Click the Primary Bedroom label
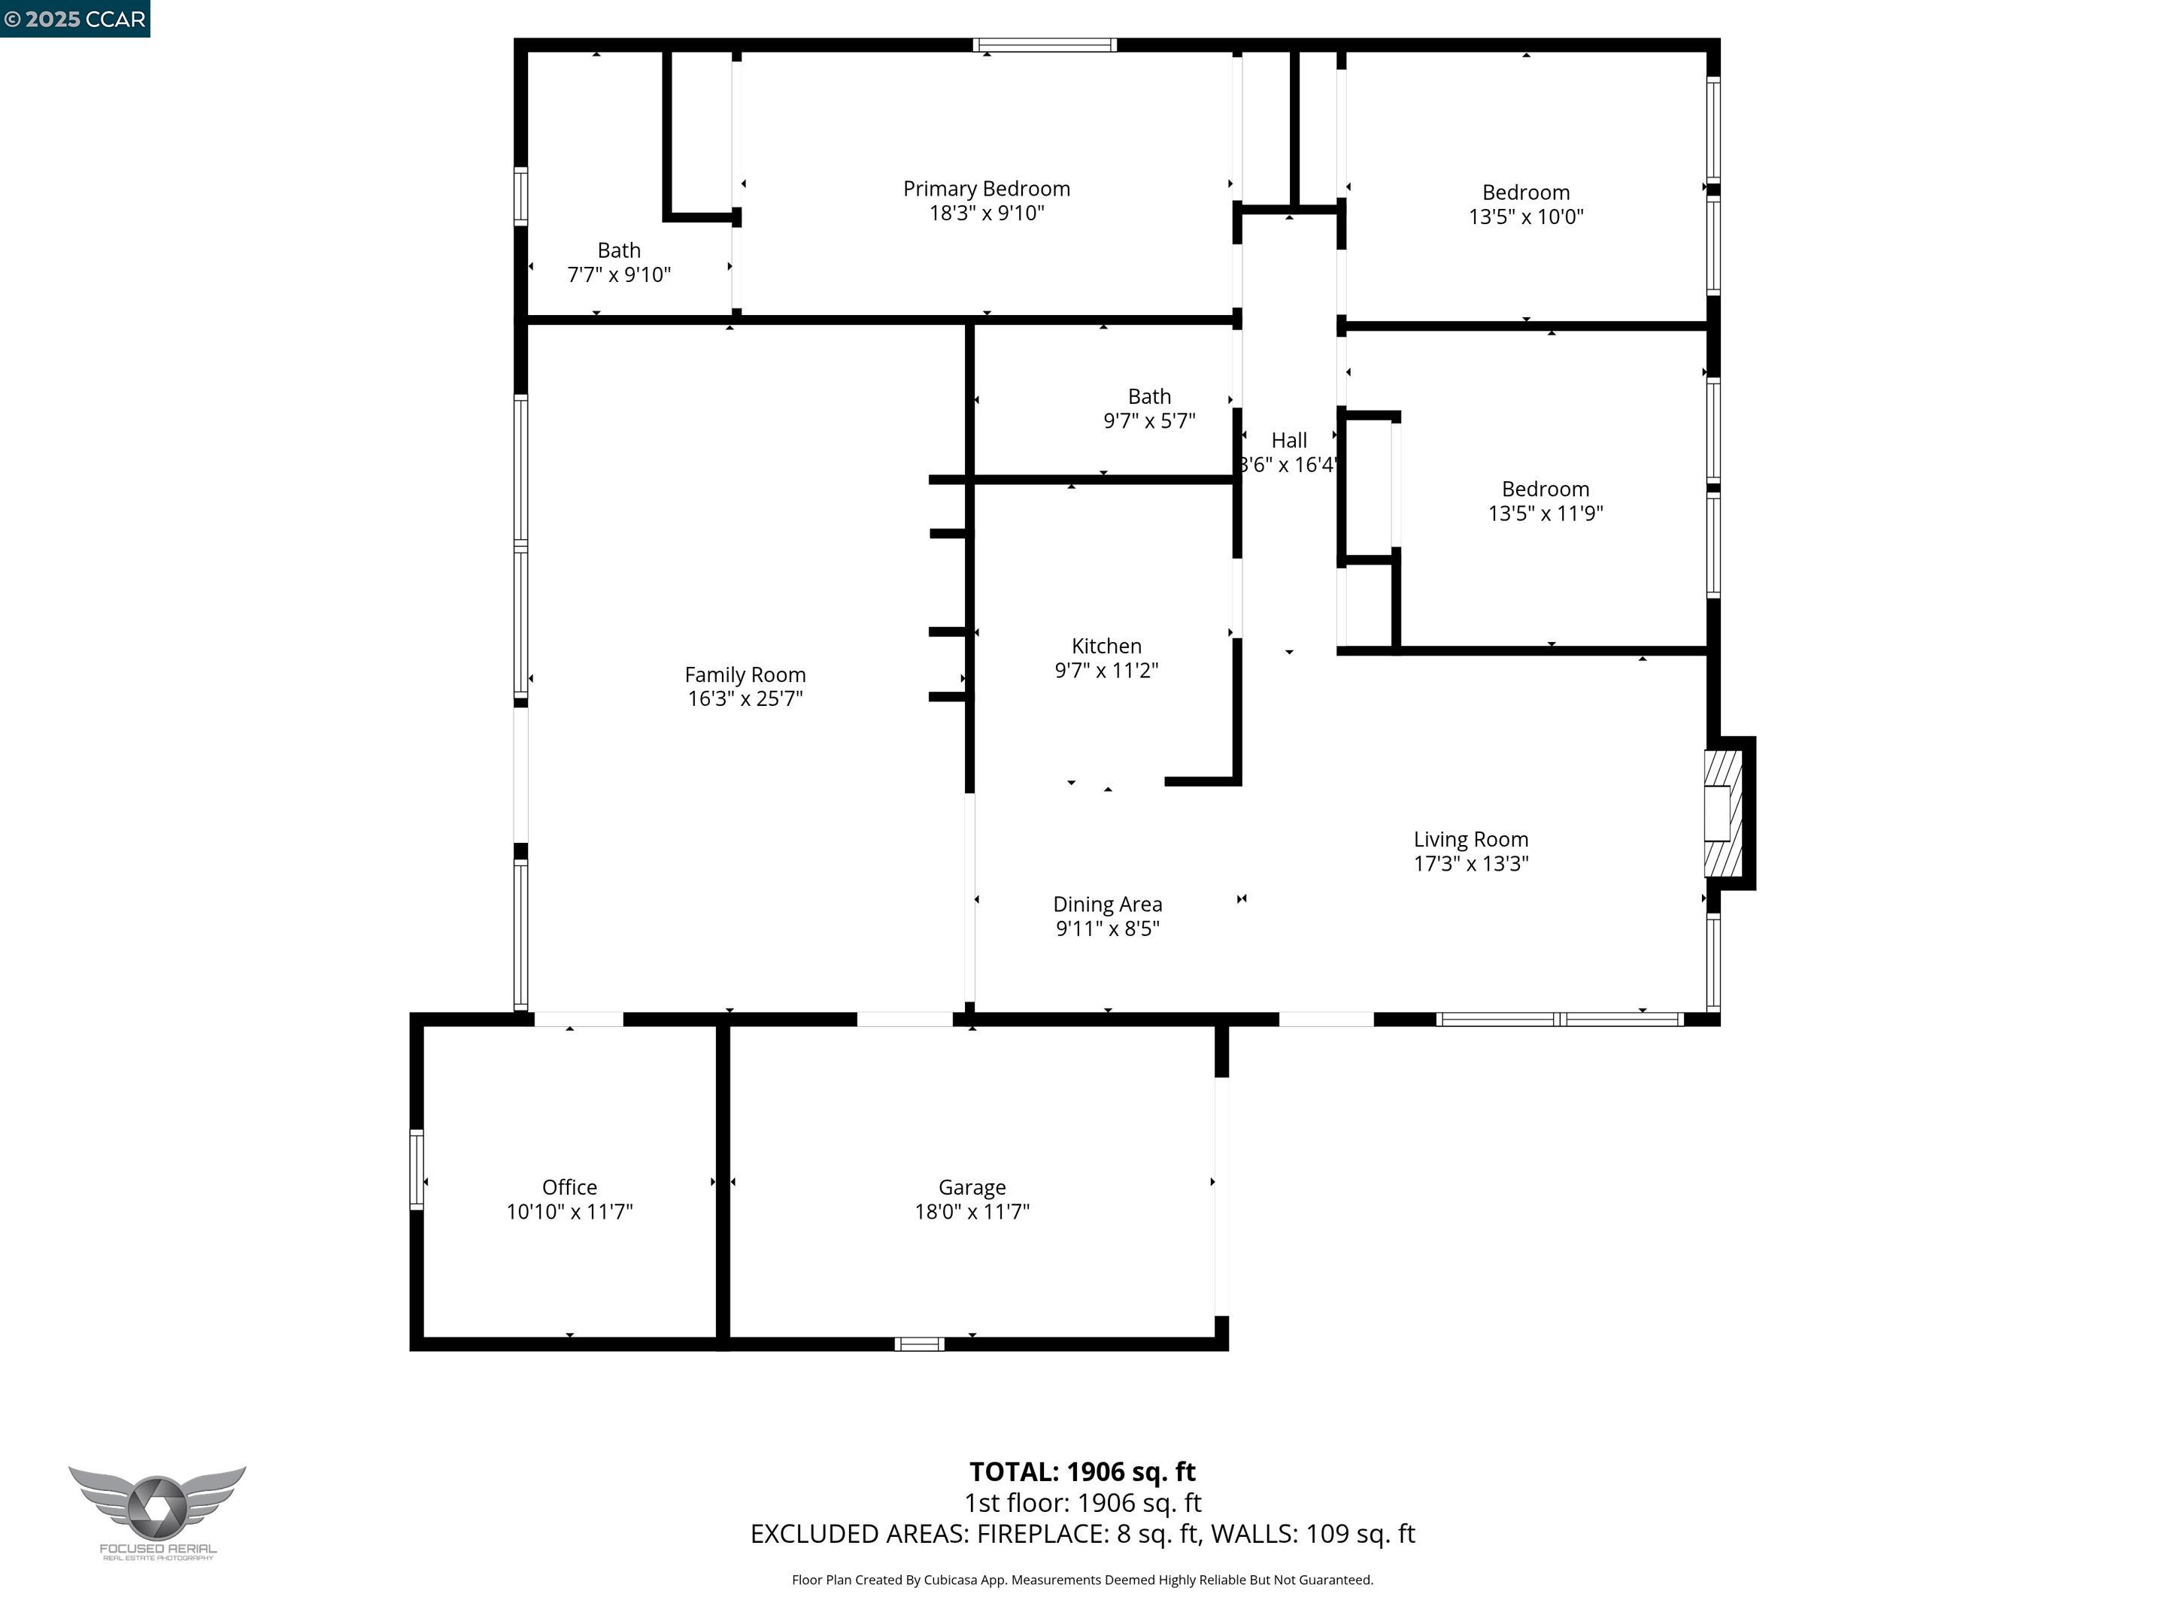[986, 189]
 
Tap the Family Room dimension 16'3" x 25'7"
[745, 699]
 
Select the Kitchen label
[1106, 646]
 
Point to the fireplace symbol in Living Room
[1724, 814]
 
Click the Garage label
[972, 1187]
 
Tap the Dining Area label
[1108, 904]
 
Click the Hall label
[1288, 441]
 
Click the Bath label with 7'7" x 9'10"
[619, 250]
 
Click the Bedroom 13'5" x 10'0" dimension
[1525, 217]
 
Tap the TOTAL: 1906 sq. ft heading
[1082, 1472]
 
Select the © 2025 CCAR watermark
[75, 19]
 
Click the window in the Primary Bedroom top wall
[1045, 45]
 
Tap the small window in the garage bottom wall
[920, 1344]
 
